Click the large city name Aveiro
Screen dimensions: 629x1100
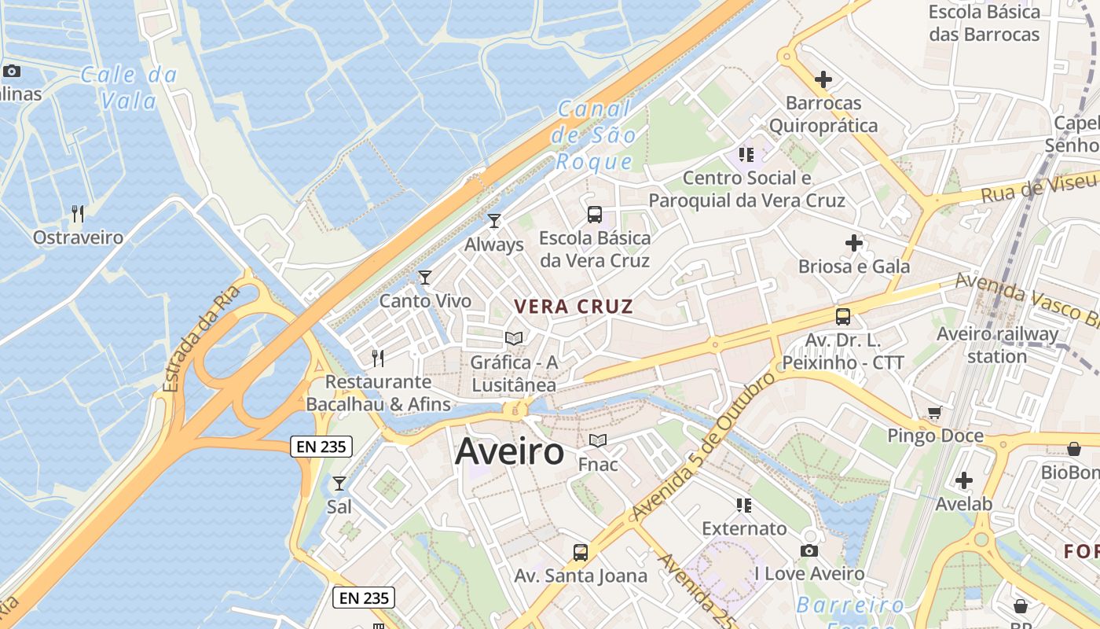click(x=509, y=452)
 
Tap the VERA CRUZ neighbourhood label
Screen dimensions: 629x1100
click(x=574, y=307)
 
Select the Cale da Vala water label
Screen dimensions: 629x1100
click(x=129, y=87)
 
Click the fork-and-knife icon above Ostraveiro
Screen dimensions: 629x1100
click(x=78, y=213)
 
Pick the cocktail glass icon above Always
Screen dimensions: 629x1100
click(x=494, y=221)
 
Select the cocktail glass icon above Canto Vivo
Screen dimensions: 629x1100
click(x=425, y=277)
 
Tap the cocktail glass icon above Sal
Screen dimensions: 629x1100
click(x=339, y=483)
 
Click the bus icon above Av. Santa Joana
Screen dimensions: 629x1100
click(x=581, y=552)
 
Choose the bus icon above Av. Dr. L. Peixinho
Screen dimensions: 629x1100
click(x=843, y=317)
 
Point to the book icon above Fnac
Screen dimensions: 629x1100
click(x=598, y=440)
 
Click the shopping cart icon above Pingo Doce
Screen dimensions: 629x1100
click(x=935, y=412)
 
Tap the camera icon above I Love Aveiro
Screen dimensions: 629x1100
click(x=809, y=550)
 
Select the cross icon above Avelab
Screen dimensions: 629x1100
click(x=964, y=480)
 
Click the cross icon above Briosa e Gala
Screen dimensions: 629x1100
click(x=854, y=243)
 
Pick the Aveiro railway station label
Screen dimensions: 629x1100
click(x=997, y=345)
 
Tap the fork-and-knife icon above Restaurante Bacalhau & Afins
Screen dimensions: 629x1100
click(x=378, y=358)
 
